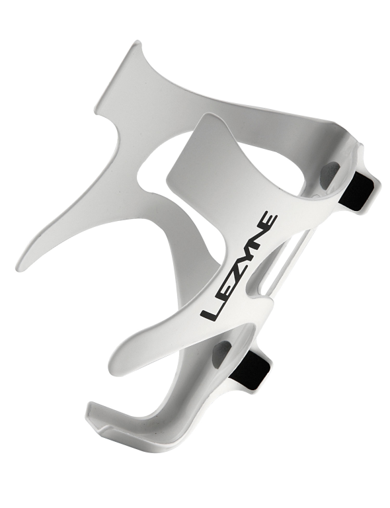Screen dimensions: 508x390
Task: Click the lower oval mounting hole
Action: tap(221, 355)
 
